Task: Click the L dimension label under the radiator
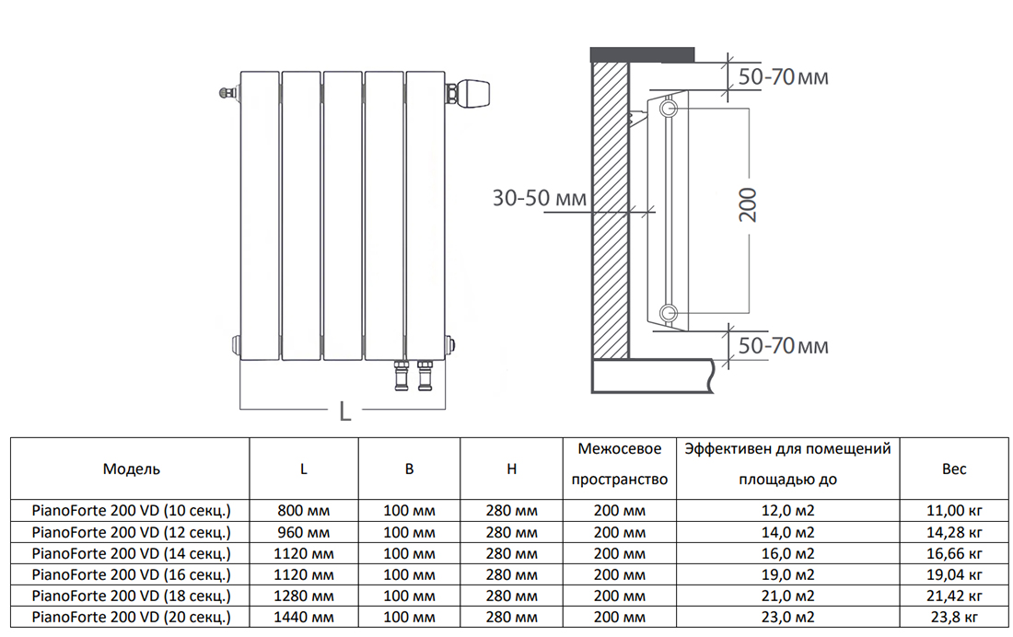(345, 411)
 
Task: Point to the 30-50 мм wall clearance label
(540, 198)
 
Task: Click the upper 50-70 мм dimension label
(783, 77)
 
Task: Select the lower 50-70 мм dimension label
(783, 345)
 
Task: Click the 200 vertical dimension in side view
(748, 205)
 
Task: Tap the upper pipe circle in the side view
(670, 108)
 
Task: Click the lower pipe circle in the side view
(670, 314)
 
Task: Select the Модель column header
(131, 469)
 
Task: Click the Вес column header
(954, 469)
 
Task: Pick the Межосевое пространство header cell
(620, 465)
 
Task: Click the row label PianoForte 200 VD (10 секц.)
(131, 510)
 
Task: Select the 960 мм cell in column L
(304, 532)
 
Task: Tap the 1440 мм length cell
(304, 617)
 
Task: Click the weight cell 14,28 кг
(954, 532)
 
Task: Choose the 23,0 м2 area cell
(787, 617)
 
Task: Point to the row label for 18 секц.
(131, 596)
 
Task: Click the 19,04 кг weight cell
(954, 574)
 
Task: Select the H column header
(512, 469)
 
